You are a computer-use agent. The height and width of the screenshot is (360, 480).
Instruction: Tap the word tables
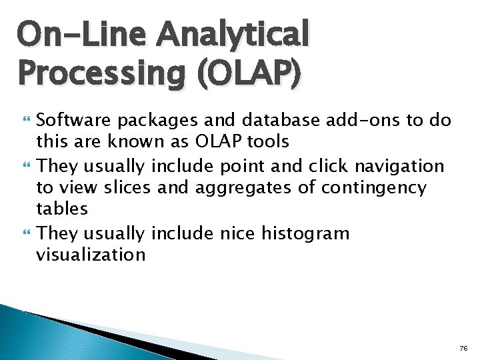click(61, 209)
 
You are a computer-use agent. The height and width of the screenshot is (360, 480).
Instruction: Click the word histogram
click(305, 233)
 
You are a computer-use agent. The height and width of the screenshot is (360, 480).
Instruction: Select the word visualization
click(91, 255)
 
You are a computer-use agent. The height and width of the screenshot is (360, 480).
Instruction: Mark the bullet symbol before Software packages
click(27, 121)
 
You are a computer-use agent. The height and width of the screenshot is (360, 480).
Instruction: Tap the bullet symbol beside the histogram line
click(27, 234)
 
